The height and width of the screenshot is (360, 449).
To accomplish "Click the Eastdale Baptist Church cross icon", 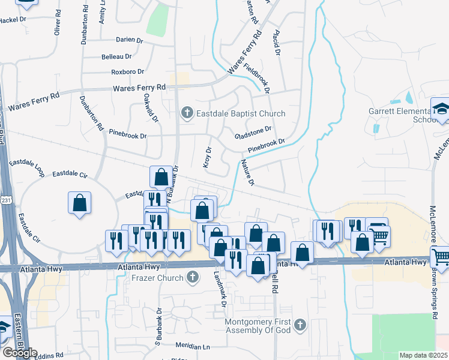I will point(187,113).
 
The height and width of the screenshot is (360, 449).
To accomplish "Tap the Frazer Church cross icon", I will point(192,277).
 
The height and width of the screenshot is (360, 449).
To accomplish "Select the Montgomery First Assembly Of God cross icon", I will point(300,325).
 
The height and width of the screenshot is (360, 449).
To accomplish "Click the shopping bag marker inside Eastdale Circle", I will point(80,203).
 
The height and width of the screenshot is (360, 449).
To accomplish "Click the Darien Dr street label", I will point(130,40).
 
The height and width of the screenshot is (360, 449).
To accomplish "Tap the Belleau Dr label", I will point(121,56).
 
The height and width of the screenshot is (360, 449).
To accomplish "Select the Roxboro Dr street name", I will point(127,72).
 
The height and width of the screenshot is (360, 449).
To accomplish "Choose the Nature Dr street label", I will point(248,172).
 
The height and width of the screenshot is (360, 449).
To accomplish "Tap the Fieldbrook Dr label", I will point(257,77).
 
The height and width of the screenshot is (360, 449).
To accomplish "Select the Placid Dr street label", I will point(277,43).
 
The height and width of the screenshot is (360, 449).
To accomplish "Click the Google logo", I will point(20,353).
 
